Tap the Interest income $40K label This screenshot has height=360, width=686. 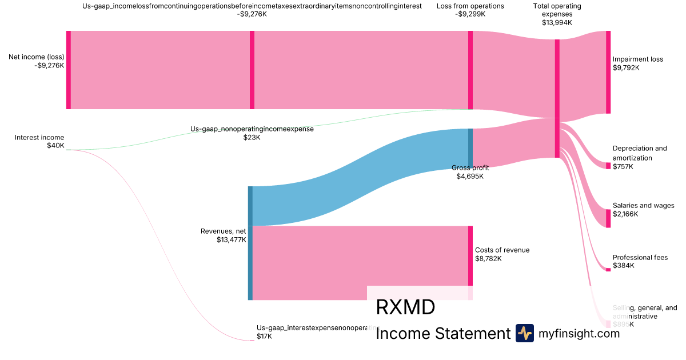[39, 141]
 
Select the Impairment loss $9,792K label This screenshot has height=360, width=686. [637, 63]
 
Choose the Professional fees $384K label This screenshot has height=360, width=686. [640, 261]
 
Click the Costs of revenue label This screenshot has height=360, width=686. [502, 254]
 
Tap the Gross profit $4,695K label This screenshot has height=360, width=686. [470, 172]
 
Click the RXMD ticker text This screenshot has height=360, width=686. [405, 307]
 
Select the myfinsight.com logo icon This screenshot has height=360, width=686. [524, 333]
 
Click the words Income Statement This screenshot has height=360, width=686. [442, 334]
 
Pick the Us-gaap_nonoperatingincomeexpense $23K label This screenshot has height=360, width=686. [252, 133]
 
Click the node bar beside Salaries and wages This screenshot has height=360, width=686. [608, 218]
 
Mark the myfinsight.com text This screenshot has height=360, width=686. [579, 334]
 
